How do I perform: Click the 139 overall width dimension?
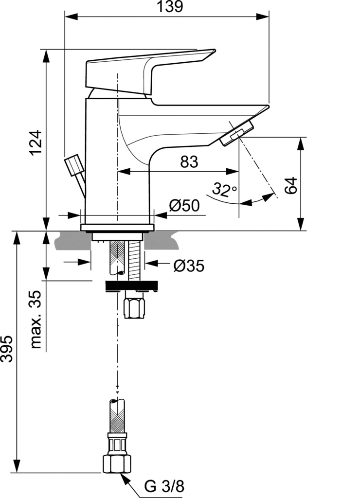click(171, 6)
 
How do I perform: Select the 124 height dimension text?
click(36, 142)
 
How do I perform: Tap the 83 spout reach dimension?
click(189, 161)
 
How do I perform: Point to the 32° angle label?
click(224, 189)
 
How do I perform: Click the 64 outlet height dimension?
click(291, 185)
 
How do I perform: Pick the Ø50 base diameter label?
click(184, 206)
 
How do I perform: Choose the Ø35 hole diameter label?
click(189, 266)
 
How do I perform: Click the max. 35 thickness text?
click(36, 319)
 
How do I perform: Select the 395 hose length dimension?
click(7, 349)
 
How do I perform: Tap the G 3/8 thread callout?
click(164, 486)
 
